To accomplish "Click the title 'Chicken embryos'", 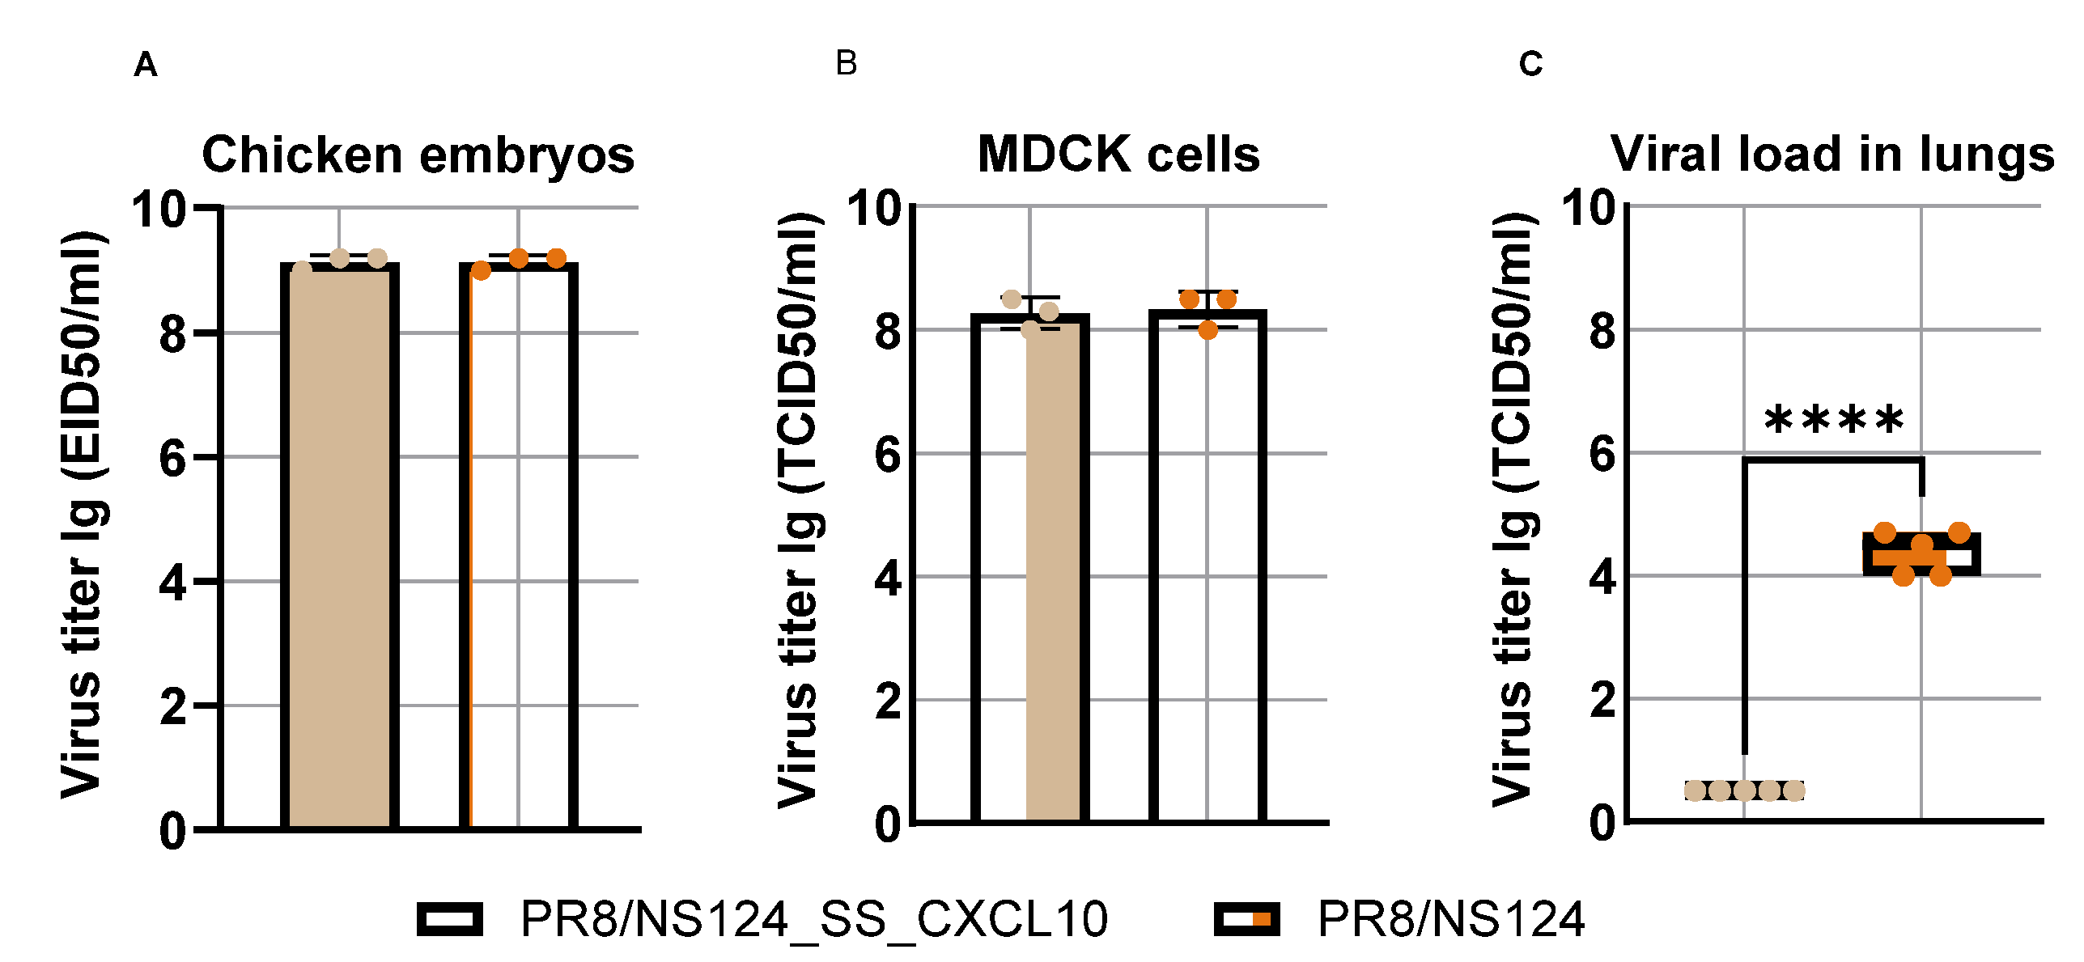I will pyautogui.click(x=418, y=155).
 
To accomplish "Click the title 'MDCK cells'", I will pyautogui.click(x=1118, y=154).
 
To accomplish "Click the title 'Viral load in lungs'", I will pyautogui.click(x=1832, y=154).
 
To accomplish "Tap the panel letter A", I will pyautogui.click(x=146, y=65).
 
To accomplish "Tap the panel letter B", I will pyautogui.click(x=846, y=63).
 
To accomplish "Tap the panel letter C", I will pyautogui.click(x=1530, y=64).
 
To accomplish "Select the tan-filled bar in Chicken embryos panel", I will pyautogui.click(x=340, y=550).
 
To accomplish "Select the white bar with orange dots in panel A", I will pyautogui.click(x=519, y=550).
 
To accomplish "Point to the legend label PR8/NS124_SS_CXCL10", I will pyautogui.click(x=813, y=920).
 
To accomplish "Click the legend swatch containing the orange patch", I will pyautogui.click(x=1247, y=919).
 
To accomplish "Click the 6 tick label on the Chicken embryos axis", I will pyautogui.click(x=173, y=459).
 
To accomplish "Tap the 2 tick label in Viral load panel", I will pyautogui.click(x=1602, y=700).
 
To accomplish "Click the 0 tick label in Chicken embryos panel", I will pyautogui.click(x=173, y=831).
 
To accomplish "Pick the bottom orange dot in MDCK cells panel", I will pyautogui.click(x=1208, y=329).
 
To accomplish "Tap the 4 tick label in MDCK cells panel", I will pyautogui.click(x=888, y=578).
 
